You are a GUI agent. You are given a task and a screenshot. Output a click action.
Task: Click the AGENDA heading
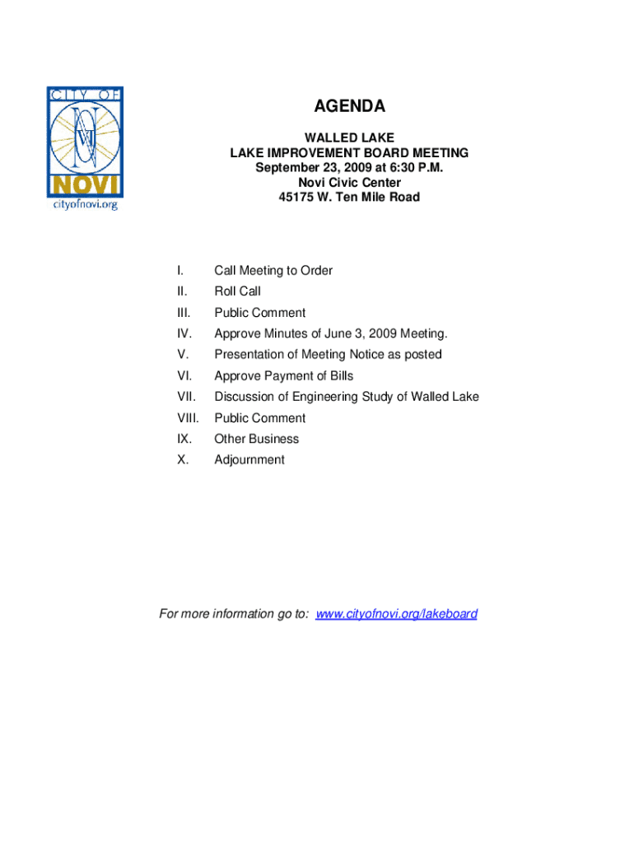tap(349, 107)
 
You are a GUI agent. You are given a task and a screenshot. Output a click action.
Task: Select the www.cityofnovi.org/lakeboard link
tap(396, 614)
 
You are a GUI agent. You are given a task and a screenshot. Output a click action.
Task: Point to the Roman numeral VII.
tap(184, 397)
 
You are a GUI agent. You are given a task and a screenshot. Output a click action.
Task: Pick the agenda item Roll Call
tap(237, 291)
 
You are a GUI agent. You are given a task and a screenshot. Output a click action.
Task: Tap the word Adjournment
tap(249, 460)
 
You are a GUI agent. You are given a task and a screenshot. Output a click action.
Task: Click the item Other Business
tap(256, 439)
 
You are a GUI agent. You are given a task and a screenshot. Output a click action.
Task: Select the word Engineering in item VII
tap(333, 397)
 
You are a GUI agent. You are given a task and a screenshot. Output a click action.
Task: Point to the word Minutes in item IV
tap(282, 333)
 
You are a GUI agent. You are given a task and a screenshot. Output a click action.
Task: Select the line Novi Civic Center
tap(349, 183)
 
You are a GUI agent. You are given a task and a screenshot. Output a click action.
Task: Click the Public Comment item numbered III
tap(259, 313)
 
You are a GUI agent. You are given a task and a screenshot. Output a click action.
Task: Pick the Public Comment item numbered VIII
tap(259, 418)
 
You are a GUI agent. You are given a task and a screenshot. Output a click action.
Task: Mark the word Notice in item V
tap(370, 355)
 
